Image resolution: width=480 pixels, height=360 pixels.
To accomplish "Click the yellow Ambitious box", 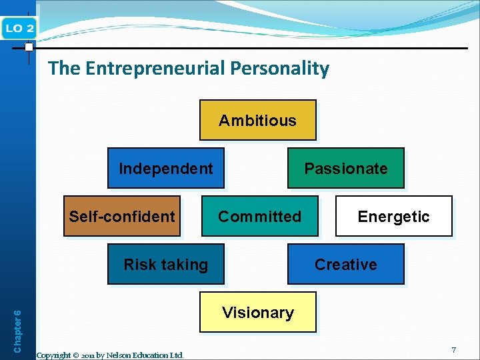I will [257, 120].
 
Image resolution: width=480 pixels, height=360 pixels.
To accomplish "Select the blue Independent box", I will [165, 168].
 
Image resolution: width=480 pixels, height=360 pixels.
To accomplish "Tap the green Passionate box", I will [345, 168].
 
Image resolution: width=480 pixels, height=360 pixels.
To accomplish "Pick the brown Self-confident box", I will [122, 216].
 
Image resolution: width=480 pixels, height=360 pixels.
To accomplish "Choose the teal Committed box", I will [260, 216].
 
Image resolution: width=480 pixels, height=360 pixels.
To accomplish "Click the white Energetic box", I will [393, 216].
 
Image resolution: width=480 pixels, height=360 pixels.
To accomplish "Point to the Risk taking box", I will [166, 264].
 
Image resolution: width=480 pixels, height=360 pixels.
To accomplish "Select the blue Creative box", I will [345, 264].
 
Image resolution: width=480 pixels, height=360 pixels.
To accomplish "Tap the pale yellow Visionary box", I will [258, 312].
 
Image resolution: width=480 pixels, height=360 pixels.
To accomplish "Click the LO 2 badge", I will [20, 27].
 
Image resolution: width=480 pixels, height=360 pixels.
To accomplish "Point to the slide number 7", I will [453, 350].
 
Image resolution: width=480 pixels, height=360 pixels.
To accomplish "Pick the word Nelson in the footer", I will [120, 355].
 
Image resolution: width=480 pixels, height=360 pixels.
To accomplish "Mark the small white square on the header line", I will [29, 47].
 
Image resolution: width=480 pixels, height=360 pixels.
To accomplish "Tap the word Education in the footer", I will [152, 355].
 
